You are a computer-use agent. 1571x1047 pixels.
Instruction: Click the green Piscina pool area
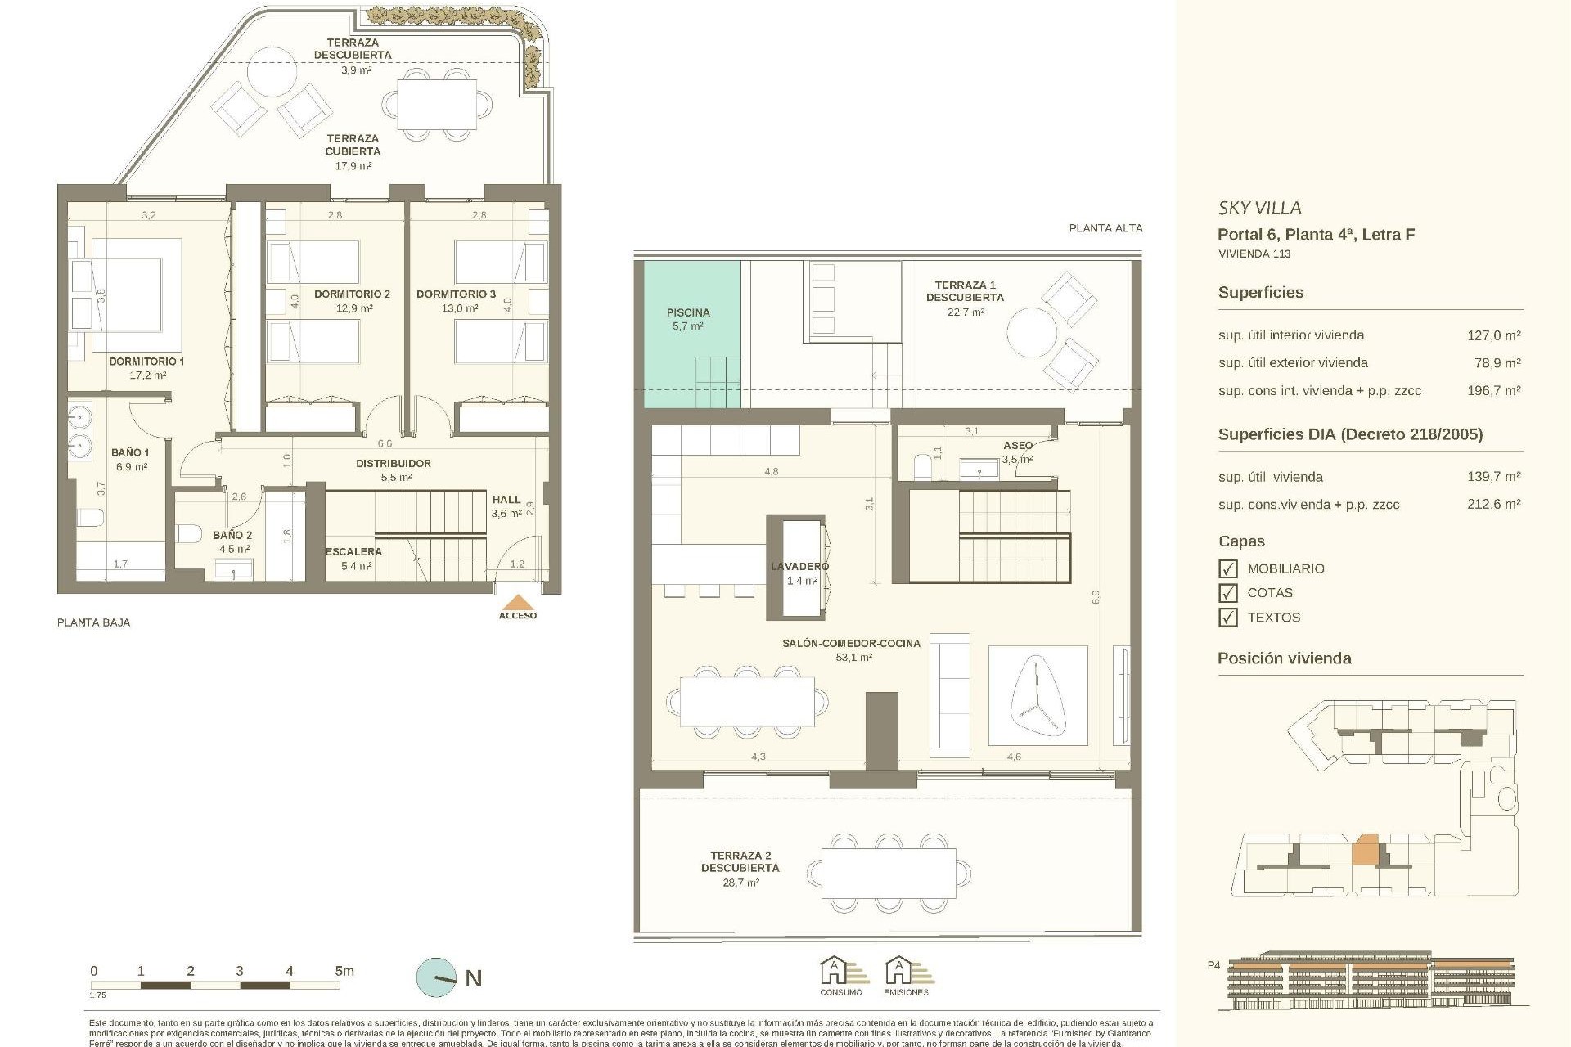[x=691, y=334]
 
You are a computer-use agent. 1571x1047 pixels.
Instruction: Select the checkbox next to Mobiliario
[x=1227, y=568]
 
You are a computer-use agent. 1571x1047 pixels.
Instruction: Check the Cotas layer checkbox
[x=1227, y=593]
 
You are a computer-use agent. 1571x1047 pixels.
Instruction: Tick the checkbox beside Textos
[x=1227, y=618]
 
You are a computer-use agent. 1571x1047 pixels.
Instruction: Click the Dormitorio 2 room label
[x=353, y=294]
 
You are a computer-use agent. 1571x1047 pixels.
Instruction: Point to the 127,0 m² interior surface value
[x=1493, y=335]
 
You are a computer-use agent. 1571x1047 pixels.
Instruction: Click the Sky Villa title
[x=1259, y=209]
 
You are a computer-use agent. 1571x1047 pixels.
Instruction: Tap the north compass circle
[x=437, y=977]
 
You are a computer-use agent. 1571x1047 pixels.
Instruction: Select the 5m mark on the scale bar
[x=344, y=972]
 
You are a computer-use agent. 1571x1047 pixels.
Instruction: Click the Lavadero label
[x=799, y=567]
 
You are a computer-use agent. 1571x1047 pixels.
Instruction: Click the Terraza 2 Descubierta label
[x=740, y=862]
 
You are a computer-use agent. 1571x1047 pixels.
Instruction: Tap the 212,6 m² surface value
[x=1493, y=505]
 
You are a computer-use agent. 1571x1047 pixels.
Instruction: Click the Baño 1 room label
[x=130, y=453]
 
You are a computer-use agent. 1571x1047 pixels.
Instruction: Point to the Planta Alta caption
[x=1105, y=228]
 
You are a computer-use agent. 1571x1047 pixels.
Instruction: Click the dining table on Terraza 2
[x=889, y=874]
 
